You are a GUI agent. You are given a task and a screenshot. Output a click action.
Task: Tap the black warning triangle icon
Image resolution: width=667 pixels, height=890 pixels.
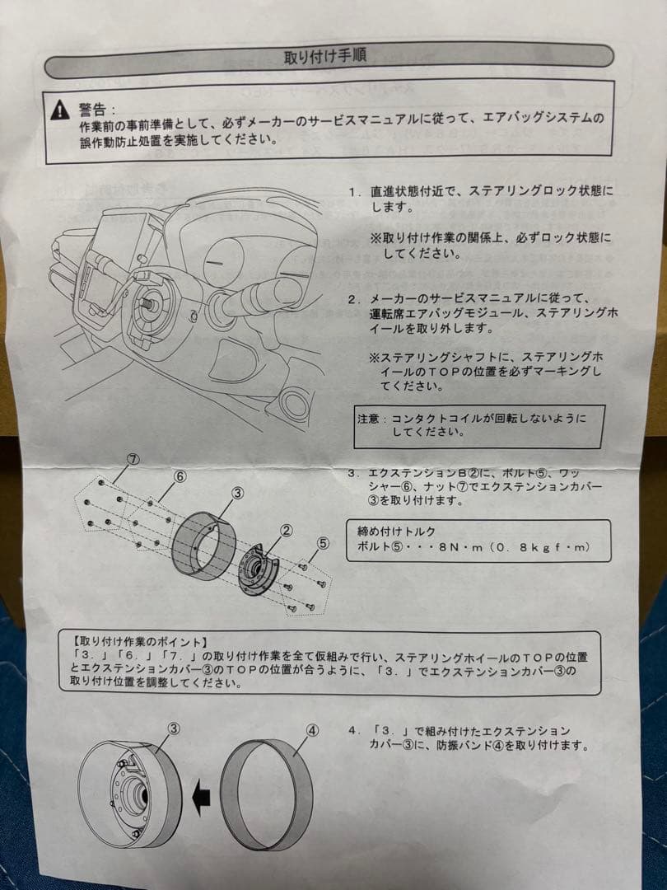coord(59,110)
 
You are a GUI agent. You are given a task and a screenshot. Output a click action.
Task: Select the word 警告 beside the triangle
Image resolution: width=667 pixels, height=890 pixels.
coord(93,109)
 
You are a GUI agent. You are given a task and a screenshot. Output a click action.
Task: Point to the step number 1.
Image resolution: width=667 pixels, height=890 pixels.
coord(353,191)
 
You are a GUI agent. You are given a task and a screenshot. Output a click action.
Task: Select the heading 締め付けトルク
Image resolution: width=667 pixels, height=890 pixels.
coord(396,531)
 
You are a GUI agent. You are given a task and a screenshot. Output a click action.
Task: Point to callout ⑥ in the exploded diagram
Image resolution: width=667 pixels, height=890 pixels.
coord(180,476)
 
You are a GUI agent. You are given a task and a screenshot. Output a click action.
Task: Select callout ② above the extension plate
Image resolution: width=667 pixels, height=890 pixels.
coord(287,531)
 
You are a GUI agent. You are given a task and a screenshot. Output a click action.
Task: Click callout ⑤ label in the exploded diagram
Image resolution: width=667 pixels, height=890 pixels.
coord(322,542)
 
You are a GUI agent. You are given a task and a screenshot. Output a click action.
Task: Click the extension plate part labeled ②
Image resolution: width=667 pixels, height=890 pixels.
coord(257,568)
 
